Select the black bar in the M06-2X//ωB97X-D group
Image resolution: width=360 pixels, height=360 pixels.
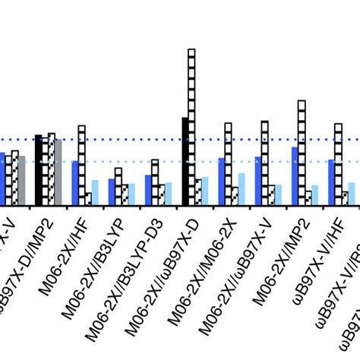[x=185, y=160]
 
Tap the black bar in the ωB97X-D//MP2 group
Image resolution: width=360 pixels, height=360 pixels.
[x=38, y=169]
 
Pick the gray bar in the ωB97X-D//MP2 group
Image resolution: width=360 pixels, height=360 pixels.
[x=58, y=171]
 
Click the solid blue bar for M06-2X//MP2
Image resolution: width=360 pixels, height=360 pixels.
[x=295, y=175]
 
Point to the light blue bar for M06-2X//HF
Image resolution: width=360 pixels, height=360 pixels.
[x=95, y=191]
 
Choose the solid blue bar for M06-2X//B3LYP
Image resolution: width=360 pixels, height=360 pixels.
[x=112, y=191]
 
